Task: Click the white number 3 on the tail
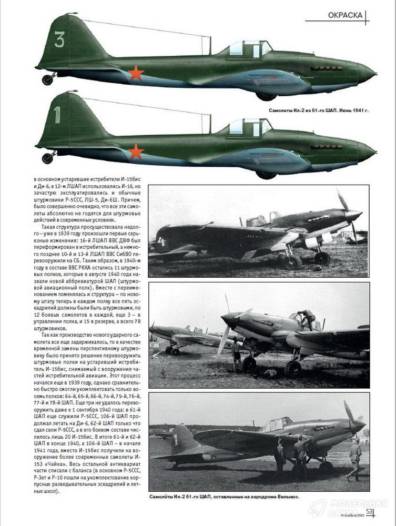59,39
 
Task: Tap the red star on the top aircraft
136,73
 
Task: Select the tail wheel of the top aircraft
48,79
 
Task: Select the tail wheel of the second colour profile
48,157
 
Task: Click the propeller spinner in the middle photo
228,319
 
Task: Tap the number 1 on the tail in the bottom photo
176,437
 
